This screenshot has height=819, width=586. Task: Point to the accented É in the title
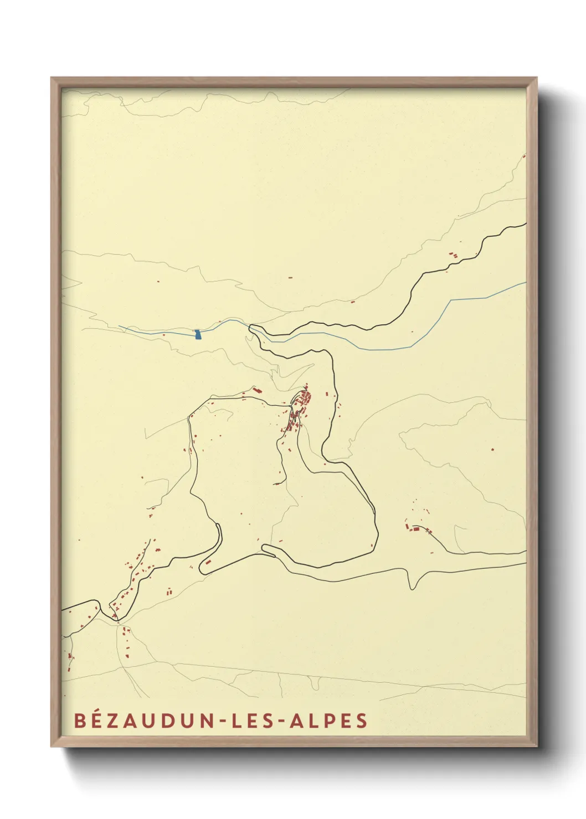pyautogui.click(x=95, y=720)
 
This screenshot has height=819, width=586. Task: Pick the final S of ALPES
pyautogui.click(x=362, y=720)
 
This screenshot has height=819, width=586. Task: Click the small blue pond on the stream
pyautogui.click(x=198, y=334)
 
